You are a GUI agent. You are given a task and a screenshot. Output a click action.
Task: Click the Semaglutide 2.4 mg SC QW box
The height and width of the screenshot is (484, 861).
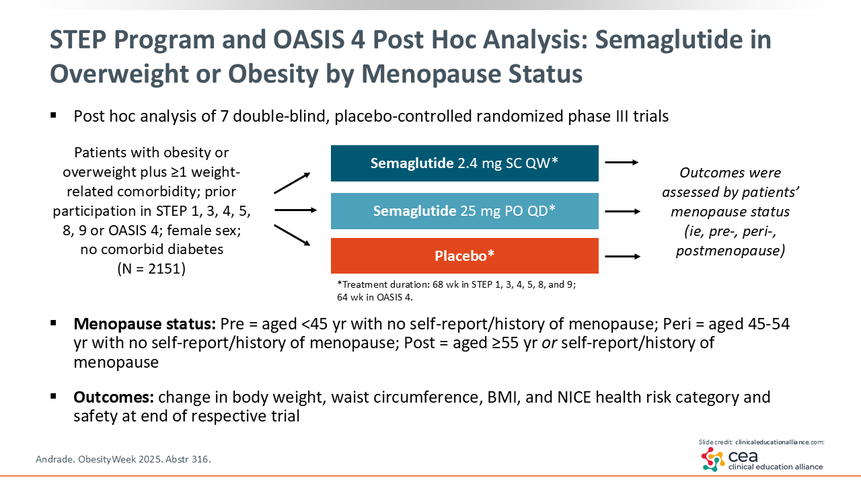[x=464, y=163]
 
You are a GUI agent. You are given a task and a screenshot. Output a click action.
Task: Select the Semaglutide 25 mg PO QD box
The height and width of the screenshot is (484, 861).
[x=464, y=211]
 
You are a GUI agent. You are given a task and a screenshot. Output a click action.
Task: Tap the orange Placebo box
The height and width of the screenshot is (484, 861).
[x=464, y=256]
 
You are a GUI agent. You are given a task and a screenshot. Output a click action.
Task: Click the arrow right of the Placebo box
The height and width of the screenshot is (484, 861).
[x=623, y=256]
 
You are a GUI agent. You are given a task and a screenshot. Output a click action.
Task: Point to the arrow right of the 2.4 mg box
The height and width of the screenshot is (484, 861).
[x=622, y=163]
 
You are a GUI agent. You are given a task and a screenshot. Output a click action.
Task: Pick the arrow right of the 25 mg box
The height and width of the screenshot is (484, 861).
[x=623, y=211]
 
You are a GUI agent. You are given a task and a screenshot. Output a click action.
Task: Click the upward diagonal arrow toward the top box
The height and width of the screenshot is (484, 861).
[x=292, y=183]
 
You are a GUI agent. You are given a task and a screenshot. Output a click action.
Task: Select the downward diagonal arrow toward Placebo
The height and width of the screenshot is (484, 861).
[x=292, y=235]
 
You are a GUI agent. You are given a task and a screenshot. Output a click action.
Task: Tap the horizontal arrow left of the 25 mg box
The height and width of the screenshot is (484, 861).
[x=295, y=210]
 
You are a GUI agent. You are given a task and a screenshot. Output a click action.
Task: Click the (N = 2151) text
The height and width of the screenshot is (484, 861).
[x=151, y=268]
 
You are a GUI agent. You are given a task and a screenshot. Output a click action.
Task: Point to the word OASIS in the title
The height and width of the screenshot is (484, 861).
[x=319, y=40]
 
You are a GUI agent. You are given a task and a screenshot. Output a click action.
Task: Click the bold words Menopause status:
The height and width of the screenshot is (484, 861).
[x=145, y=324]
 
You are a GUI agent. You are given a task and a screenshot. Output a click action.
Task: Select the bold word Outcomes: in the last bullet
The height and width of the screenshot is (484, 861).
[x=114, y=397]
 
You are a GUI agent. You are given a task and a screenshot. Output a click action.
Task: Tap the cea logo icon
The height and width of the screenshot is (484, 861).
[x=713, y=459]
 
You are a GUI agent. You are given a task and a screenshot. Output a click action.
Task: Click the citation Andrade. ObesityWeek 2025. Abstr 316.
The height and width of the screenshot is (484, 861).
[x=123, y=459]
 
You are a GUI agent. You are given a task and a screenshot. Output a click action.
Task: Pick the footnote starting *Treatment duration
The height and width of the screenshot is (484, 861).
[x=456, y=291]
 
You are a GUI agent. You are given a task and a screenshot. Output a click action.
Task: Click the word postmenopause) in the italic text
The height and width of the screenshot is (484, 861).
[x=731, y=251]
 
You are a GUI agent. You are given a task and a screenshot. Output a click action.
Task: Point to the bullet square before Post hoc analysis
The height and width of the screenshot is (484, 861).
[x=53, y=115]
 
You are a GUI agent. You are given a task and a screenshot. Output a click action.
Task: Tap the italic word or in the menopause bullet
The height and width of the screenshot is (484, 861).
[x=550, y=343]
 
